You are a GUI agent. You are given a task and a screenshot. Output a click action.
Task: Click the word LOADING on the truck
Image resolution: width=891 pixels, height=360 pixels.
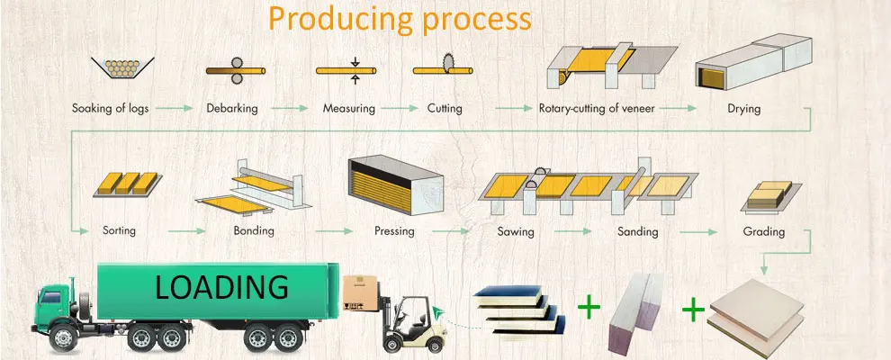[221, 287]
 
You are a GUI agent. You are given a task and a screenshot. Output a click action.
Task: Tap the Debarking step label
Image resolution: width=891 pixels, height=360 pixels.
[232, 108]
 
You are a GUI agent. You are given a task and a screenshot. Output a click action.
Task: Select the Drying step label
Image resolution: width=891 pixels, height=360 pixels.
[743, 108]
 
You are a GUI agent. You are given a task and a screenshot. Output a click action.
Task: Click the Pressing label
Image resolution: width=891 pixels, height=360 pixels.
[394, 231]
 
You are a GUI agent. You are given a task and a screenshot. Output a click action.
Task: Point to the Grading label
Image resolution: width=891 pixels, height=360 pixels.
[764, 231]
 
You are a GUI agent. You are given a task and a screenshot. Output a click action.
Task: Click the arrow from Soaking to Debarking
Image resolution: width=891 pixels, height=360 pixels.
[175, 107]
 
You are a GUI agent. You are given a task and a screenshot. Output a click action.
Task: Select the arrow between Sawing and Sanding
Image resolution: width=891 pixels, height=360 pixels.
[572, 231]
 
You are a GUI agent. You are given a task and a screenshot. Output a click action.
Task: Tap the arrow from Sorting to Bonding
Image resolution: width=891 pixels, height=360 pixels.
[186, 231]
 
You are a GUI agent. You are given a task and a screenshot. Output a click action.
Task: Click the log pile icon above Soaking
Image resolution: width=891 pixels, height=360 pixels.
[122, 67]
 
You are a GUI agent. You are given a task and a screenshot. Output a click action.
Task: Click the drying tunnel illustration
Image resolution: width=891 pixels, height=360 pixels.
[753, 61]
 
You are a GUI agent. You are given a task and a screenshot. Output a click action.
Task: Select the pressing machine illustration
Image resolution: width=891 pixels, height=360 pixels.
[395, 185]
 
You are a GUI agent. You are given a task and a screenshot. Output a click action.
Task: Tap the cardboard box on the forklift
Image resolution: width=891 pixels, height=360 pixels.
[360, 293]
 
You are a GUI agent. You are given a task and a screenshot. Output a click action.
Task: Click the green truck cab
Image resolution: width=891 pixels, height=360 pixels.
[56, 304]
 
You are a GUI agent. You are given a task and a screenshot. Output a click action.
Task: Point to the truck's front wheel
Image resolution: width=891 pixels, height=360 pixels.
[63, 338]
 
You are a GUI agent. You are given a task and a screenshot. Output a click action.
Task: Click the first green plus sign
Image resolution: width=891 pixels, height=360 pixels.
[589, 308]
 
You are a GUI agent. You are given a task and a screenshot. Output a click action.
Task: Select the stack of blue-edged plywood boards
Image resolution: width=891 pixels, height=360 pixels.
[519, 310]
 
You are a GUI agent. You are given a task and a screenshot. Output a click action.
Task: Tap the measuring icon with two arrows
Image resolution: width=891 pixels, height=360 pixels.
[346, 70]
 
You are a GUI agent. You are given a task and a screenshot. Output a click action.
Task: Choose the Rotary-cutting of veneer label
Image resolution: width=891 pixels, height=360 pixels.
[597, 108]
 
